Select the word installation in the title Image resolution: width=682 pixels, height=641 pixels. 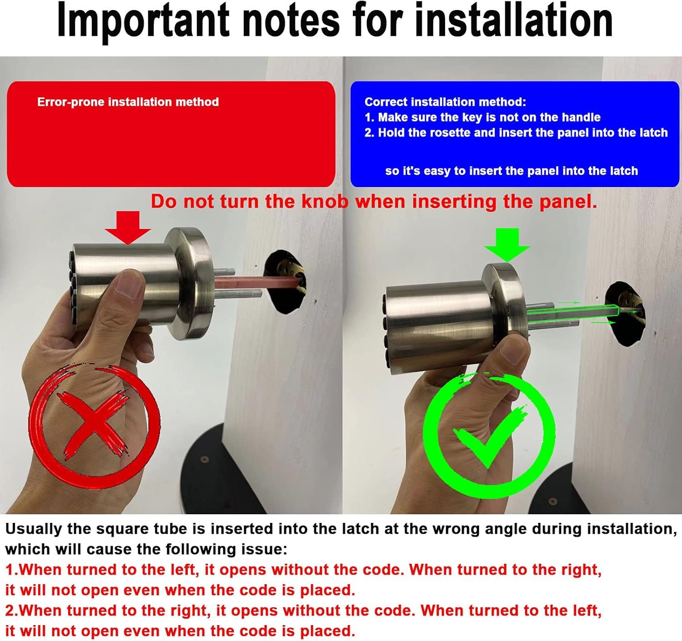[x=514, y=20]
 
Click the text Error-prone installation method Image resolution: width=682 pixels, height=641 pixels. [x=128, y=102]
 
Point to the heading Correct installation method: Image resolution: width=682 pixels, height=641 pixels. [x=445, y=102]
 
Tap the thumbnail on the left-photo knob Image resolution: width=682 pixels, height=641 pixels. [x=129, y=283]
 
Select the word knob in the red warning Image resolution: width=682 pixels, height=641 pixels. [x=325, y=201]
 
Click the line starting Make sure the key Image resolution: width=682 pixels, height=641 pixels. [x=482, y=117]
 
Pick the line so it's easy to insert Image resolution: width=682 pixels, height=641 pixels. [x=511, y=171]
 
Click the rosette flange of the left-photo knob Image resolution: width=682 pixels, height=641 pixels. [x=190, y=283]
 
